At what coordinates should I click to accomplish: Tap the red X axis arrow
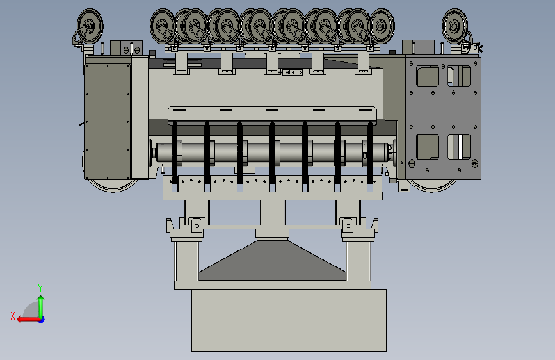coord(29,320)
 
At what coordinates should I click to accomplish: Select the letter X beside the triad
coord(13,316)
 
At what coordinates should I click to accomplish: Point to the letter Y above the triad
coord(40,288)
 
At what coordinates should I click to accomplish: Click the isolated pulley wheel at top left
coord(90,26)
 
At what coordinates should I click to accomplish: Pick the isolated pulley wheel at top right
coord(454,26)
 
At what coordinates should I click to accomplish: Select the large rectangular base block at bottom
coord(289,320)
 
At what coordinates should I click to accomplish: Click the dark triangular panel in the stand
coord(272,261)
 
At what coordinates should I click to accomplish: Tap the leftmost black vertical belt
coord(175,152)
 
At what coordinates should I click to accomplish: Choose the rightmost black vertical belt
coord(370,152)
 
